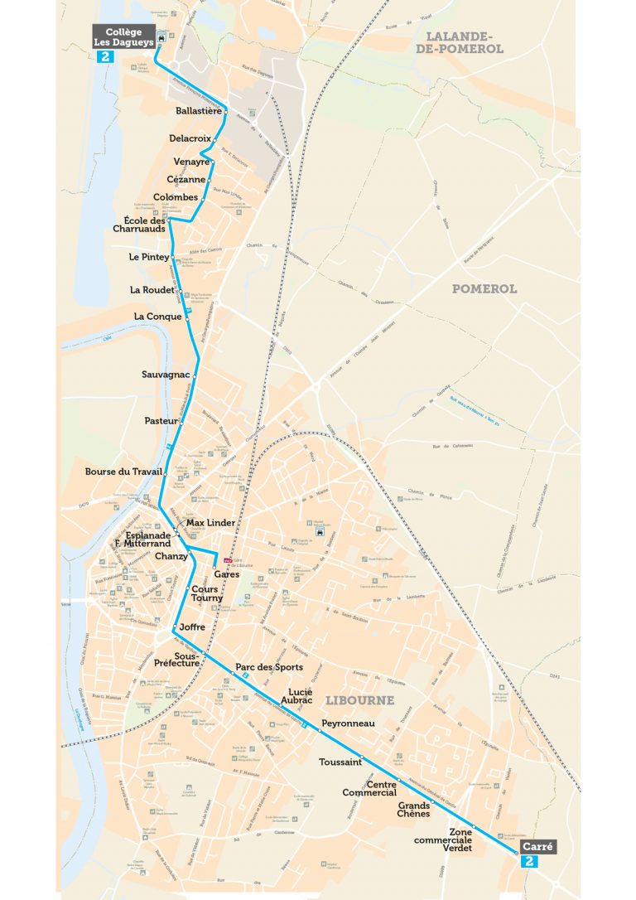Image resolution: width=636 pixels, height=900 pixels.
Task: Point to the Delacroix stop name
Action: tap(190, 138)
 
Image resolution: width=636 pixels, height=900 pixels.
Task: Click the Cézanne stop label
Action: tap(185, 179)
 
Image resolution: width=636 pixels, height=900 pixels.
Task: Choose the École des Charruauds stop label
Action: tap(140, 224)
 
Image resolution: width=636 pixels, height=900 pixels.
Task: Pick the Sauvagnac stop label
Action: tap(166, 375)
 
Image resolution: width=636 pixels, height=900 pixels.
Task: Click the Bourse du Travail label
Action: tap(123, 472)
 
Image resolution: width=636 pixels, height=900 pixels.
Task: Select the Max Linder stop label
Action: tap(211, 523)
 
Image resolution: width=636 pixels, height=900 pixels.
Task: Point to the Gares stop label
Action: tap(227, 573)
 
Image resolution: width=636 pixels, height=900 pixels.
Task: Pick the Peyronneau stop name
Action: tap(349, 723)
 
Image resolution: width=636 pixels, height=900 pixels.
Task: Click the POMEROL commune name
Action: tap(484, 288)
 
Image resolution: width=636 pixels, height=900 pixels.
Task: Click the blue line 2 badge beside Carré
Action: tap(531, 862)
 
